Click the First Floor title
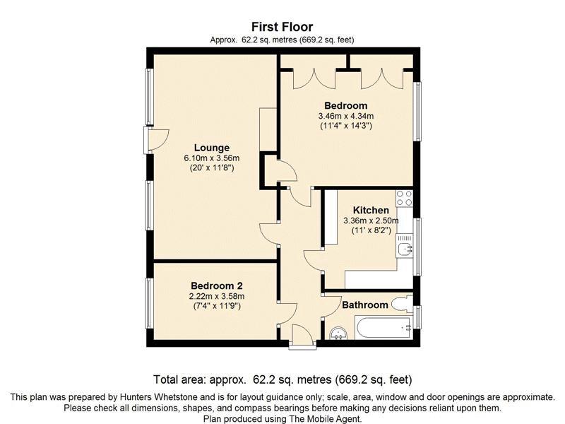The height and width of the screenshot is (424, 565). tap(282, 27)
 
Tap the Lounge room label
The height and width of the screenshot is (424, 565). tap(212, 148)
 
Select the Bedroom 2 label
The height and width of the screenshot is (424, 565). tap(217, 286)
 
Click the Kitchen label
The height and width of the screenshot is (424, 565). tap(371, 210)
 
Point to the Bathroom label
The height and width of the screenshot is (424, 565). tap(365, 305)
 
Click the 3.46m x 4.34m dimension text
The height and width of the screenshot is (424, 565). tap(346, 116)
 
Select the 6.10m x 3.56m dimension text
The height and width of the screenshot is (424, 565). tap(212, 158)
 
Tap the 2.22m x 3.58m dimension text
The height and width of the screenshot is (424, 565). tap(217, 296)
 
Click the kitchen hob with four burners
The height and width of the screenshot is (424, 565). tap(404, 198)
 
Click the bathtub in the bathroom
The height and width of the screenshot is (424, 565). tap(383, 328)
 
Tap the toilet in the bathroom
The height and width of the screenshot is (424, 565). tap(403, 304)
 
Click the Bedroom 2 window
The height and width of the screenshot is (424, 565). tap(149, 303)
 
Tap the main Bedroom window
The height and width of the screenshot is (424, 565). tap(417, 112)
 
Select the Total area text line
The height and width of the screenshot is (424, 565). tap(282, 379)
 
